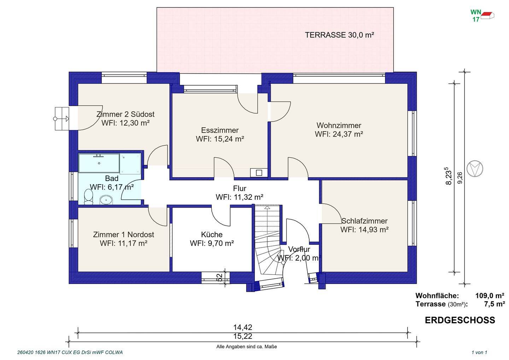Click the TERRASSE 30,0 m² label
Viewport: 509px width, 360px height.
coord(339,35)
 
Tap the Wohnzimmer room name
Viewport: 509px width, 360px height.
coord(339,126)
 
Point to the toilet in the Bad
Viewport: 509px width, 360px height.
coord(88,197)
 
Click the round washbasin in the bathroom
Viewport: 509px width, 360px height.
coord(106,200)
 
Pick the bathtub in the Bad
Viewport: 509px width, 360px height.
coord(99,163)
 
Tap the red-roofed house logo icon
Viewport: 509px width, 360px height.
coord(487,16)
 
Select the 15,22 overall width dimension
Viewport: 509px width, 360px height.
coord(243,336)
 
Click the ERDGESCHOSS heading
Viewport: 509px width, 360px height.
coord(460,320)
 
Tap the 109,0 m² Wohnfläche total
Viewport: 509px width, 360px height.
coord(490,296)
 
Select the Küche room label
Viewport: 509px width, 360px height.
coord(212,234)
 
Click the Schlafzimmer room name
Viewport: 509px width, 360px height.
coord(364,221)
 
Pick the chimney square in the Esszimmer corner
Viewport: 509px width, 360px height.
coord(259,173)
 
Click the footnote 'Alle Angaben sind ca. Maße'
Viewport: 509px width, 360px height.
coord(247,347)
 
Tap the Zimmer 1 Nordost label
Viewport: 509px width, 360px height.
coord(123,234)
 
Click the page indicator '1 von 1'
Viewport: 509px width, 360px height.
coord(479,353)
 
